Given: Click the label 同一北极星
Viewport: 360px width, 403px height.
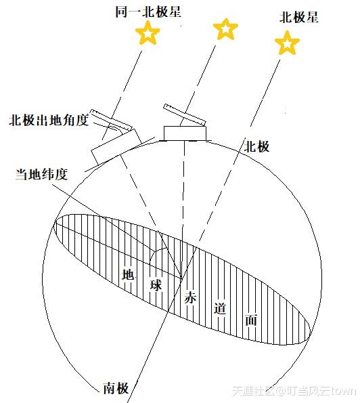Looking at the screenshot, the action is pos(148,12).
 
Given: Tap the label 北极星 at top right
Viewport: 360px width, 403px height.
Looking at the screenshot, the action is pos(299,17).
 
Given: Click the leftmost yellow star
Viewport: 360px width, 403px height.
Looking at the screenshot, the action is pos(148,33).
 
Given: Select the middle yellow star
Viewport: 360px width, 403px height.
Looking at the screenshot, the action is pos(226,28).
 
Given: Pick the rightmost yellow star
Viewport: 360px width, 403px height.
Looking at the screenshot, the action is pos(287,43).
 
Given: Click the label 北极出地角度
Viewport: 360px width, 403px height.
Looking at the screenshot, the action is pos(49,120).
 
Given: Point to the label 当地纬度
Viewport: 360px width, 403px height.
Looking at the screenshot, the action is pos(41,174).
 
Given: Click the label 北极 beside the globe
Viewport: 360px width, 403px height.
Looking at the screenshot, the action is pos(256,146).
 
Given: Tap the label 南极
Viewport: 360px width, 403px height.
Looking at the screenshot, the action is pos(116,387).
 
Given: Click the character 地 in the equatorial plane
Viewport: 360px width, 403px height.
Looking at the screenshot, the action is pos(128,274).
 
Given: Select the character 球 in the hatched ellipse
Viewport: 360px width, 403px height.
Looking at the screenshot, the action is pos(156,285).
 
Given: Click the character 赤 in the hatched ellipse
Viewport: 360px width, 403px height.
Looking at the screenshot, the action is pos(190,297).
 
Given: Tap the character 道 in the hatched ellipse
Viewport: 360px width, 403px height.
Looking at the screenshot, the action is pos(220,308).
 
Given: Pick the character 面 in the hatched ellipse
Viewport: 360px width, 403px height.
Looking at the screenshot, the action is pos(251,320).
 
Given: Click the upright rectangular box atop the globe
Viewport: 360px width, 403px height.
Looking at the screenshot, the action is pos(185,133).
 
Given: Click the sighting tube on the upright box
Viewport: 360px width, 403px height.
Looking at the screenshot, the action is pos(185,114).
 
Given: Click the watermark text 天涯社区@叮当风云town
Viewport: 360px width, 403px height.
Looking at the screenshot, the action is pos(294,391).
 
